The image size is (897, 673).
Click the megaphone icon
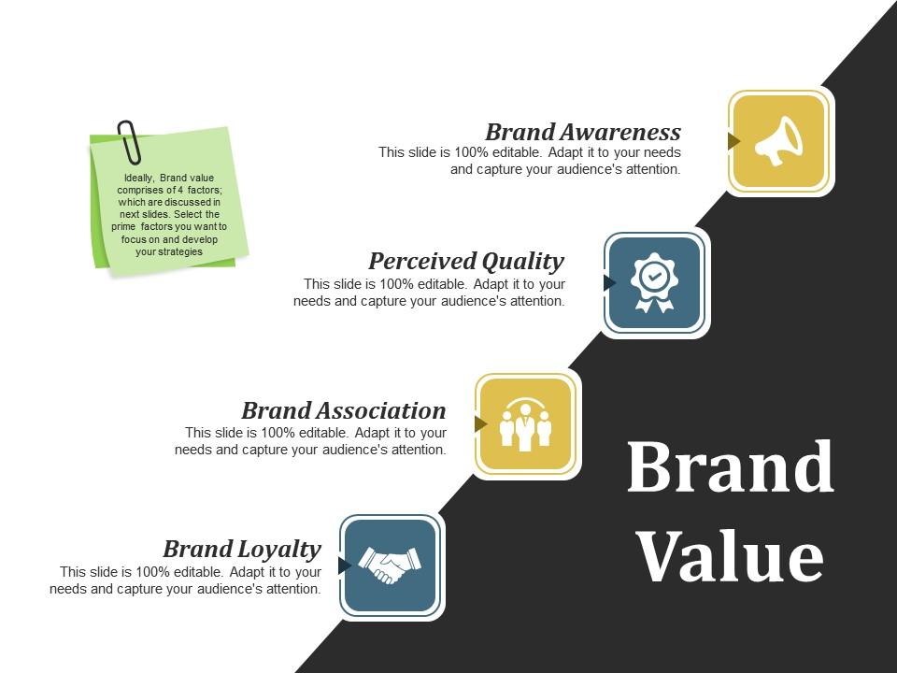pyautogui.click(x=779, y=142)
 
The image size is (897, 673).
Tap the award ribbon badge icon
pyautogui.click(x=653, y=282)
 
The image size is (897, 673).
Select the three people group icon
pyautogui.click(x=525, y=425)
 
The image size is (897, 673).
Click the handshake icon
pyautogui.click(x=391, y=565)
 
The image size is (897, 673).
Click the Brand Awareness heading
pyautogui.click(x=583, y=131)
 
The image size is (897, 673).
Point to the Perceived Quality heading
pyautogui.click(x=466, y=261)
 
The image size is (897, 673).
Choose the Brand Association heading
pyautogui.click(x=344, y=410)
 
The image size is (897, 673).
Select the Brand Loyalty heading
pyautogui.click(x=242, y=549)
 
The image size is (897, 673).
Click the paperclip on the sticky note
pyautogui.click(x=129, y=141)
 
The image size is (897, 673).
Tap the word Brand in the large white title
pyautogui.click(x=730, y=467)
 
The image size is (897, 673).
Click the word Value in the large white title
pyautogui.click(x=730, y=557)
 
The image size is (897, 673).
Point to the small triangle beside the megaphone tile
pyautogui.click(x=733, y=141)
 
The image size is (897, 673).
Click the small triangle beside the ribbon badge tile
pyautogui.click(x=609, y=282)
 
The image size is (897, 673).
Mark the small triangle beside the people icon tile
pyautogui.click(x=480, y=424)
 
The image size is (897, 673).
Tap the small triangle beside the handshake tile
pyautogui.click(x=344, y=565)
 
